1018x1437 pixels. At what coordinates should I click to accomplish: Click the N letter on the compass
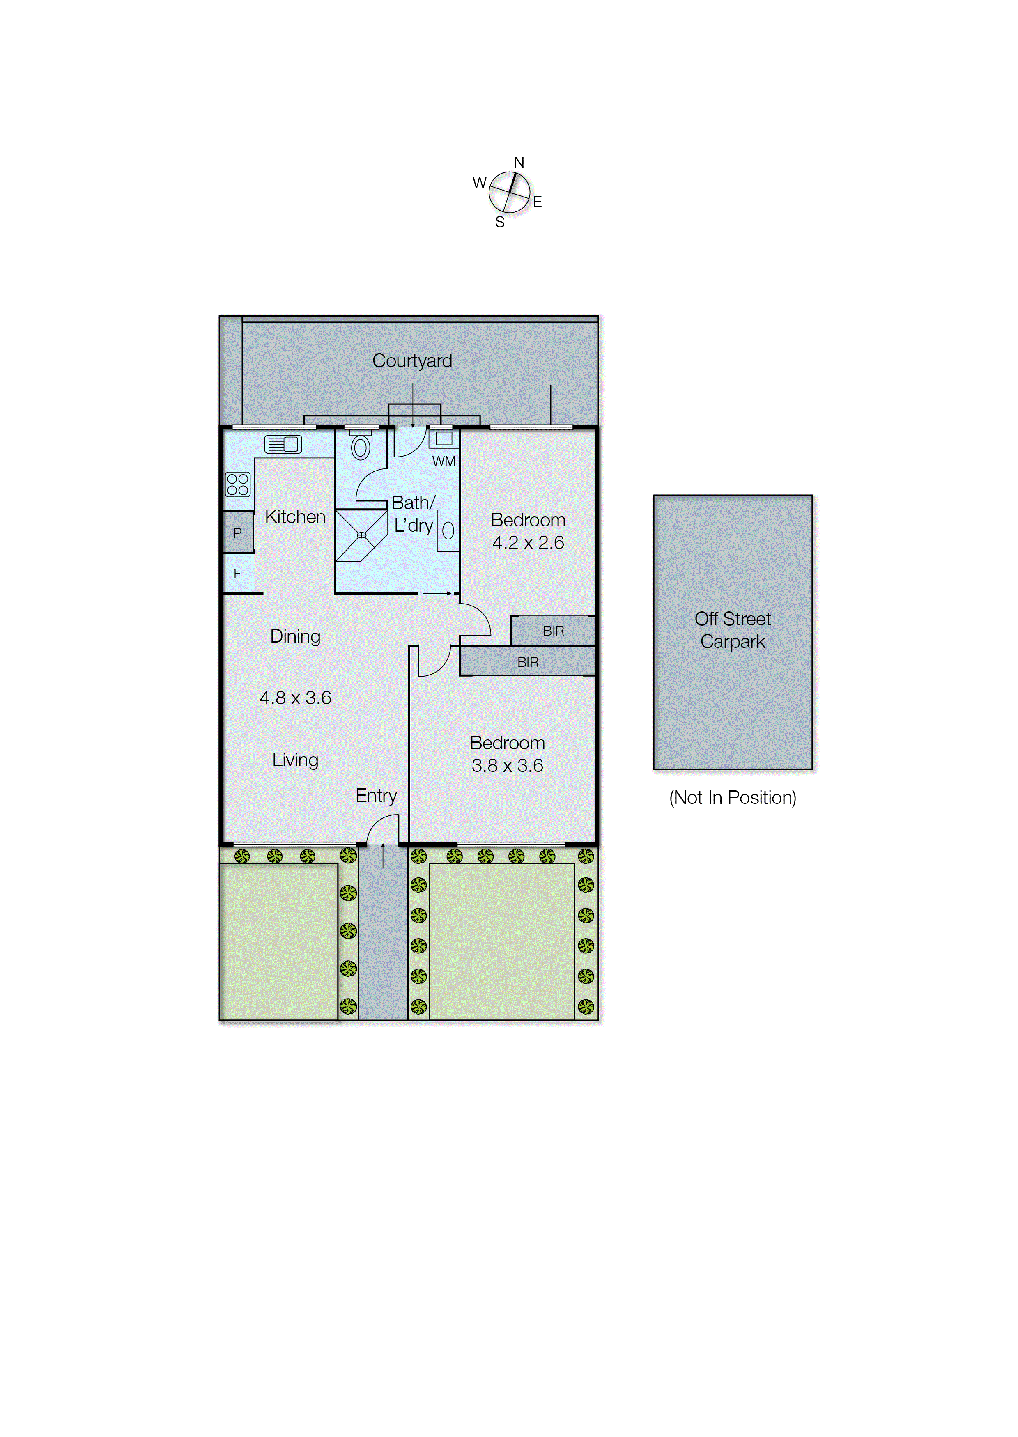click(519, 163)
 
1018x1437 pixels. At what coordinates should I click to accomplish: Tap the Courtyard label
click(412, 361)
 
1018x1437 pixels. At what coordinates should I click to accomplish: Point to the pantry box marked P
click(238, 533)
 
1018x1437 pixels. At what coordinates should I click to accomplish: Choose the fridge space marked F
click(238, 574)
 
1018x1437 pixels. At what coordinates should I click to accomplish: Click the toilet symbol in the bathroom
click(361, 448)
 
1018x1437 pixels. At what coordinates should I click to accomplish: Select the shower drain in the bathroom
click(362, 535)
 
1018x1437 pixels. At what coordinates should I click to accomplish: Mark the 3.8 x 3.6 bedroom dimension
click(507, 766)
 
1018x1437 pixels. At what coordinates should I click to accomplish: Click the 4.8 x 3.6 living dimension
click(295, 698)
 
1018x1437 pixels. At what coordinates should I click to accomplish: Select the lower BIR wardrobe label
click(528, 662)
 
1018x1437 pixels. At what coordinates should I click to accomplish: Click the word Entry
click(376, 796)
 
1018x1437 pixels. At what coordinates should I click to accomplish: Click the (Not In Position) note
click(732, 798)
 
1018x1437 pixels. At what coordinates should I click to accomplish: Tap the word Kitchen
click(295, 517)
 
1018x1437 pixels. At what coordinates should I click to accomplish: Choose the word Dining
click(295, 637)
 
